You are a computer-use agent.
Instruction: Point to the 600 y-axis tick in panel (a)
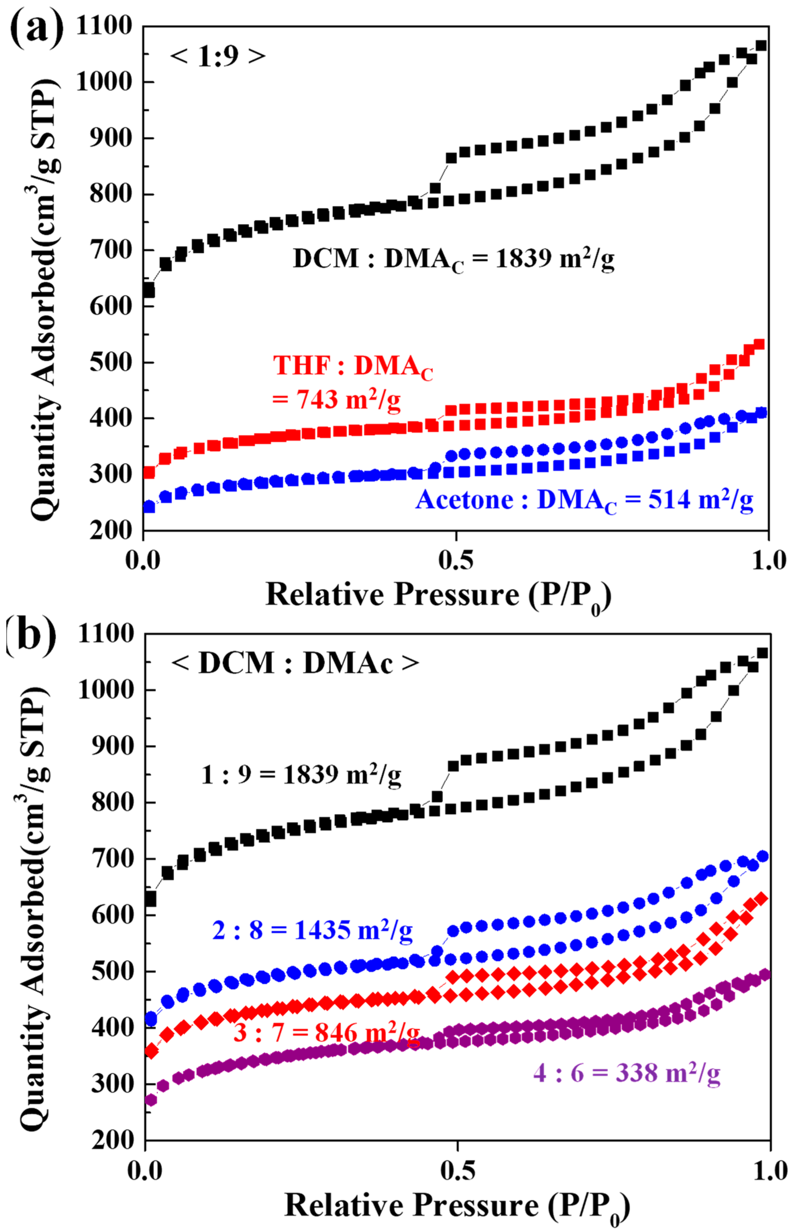click(111, 306)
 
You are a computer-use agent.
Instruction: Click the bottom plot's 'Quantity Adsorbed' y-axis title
click(36, 908)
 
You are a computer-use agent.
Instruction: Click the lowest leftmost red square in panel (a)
click(149, 472)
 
